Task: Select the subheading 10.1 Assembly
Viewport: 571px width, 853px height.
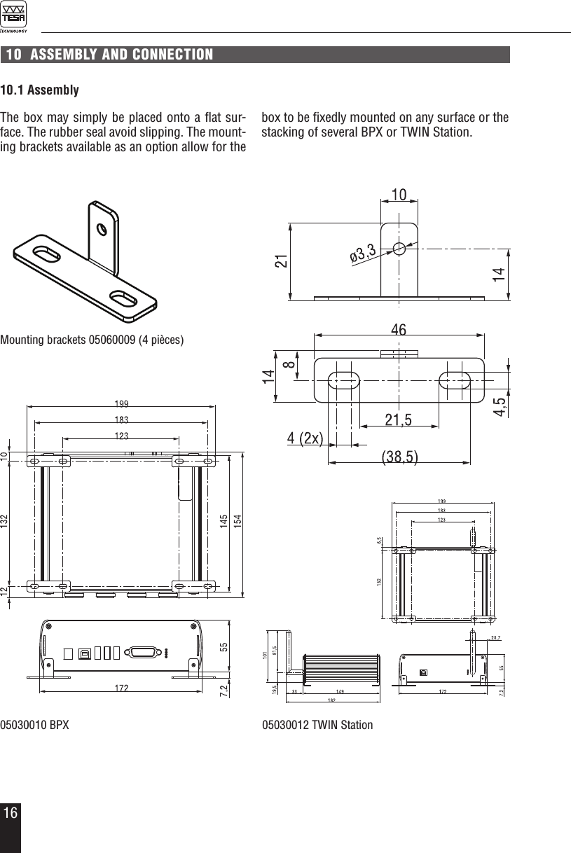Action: click(x=39, y=91)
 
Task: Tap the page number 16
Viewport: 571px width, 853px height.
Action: click(x=10, y=814)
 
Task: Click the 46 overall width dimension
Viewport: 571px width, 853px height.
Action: click(x=399, y=328)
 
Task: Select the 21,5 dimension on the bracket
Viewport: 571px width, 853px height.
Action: click(x=398, y=419)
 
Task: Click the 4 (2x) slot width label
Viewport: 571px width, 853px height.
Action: click(x=305, y=439)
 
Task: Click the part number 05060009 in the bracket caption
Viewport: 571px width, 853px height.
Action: click(x=111, y=341)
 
